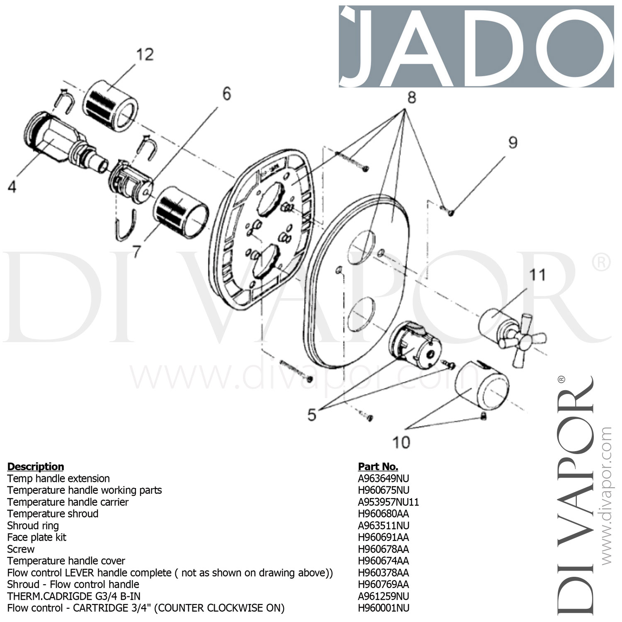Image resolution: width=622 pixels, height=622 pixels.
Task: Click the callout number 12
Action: coord(145,55)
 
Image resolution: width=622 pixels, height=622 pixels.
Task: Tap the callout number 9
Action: coord(513,143)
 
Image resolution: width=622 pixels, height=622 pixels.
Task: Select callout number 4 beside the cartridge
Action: coord(12,187)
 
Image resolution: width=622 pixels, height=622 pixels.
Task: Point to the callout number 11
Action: coord(537,275)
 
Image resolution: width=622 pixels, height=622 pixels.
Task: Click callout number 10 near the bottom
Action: coord(401,442)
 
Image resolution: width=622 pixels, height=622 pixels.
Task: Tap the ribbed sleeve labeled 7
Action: coord(180,211)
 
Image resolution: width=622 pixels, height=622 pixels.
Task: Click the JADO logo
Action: coord(476,46)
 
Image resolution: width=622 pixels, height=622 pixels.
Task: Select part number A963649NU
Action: coord(384,479)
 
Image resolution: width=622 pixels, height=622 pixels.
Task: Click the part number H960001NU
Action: coord(384,608)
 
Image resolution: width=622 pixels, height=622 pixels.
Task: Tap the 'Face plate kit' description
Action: coord(37,537)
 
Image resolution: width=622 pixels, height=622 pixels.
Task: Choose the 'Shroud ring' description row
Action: coord(33,526)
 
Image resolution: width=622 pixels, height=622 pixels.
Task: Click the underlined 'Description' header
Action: coord(36,466)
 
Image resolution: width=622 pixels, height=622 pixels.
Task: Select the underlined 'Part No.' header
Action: coord(378,466)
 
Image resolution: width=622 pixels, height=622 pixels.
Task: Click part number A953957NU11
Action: coord(389,502)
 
